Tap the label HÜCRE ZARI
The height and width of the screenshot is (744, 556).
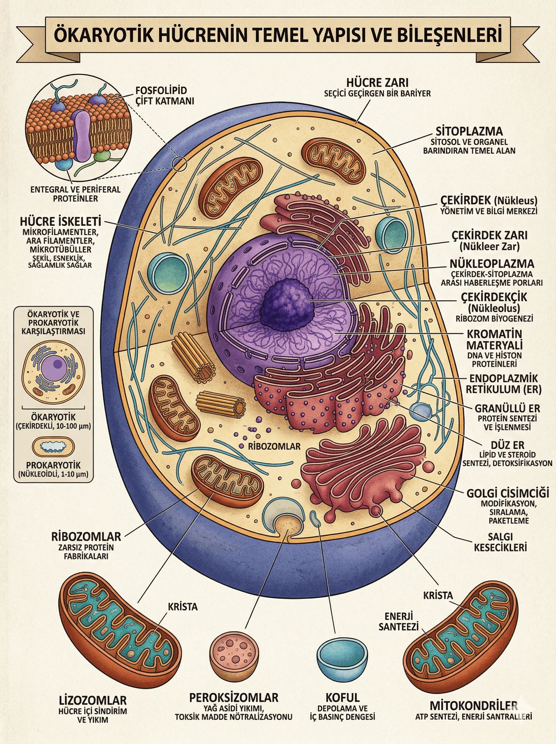point(377,82)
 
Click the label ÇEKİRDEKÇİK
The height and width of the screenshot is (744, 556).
point(494,297)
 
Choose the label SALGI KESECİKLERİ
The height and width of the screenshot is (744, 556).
point(500,542)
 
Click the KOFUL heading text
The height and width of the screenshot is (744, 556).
point(342,698)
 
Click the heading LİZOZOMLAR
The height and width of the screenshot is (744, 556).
point(93,700)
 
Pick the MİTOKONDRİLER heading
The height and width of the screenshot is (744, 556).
point(473,705)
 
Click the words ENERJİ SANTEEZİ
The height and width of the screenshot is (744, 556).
point(398,622)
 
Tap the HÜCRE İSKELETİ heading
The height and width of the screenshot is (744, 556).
point(60,221)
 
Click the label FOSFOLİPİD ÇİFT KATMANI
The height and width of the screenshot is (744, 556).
point(161,95)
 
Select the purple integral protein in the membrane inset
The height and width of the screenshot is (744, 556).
point(81,134)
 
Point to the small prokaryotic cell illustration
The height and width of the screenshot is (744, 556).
point(54,446)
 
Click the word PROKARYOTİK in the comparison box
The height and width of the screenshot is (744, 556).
point(53,464)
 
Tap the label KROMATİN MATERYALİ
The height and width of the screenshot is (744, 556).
point(494,339)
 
